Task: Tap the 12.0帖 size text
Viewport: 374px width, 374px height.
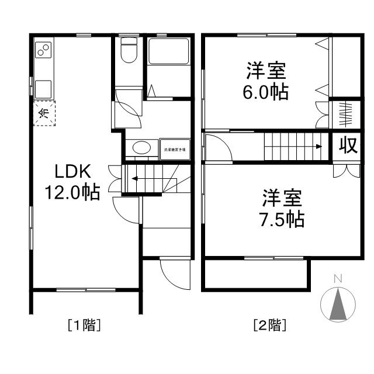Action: click(72, 192)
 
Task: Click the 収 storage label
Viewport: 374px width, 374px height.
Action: click(348, 146)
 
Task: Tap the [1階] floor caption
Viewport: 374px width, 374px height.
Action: click(85, 324)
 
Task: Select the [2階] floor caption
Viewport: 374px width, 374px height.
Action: click(269, 324)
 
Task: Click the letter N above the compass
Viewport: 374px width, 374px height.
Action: click(337, 279)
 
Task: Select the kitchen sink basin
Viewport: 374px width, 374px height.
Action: click(44, 89)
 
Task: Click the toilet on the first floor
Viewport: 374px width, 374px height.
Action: click(128, 51)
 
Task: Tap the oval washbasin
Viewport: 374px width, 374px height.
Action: click(140, 148)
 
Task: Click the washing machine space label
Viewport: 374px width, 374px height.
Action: click(174, 148)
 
